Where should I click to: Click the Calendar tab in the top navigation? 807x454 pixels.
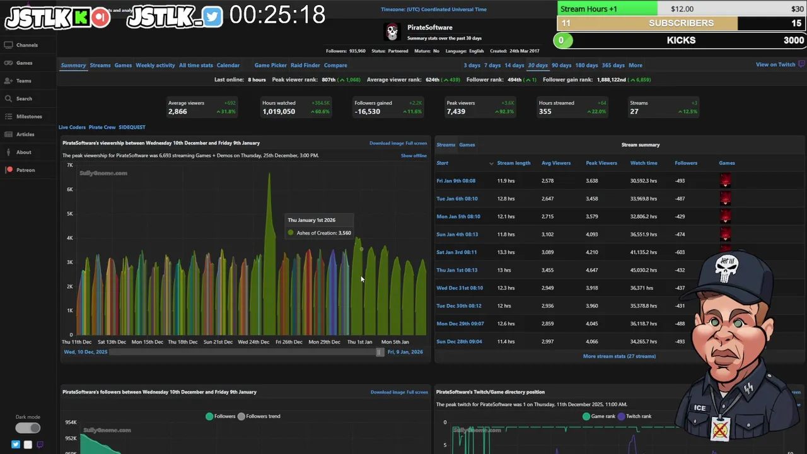[228, 65]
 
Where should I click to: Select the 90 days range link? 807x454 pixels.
[561, 65]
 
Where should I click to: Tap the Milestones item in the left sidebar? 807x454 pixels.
[29, 117]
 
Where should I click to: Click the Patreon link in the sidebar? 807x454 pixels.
[25, 170]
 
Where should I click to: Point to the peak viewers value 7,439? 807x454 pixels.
[456, 112]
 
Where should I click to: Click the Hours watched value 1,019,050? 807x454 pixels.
[279, 112]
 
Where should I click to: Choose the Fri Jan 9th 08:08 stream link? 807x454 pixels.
[456, 181]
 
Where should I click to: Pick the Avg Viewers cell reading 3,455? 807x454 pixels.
[549, 270]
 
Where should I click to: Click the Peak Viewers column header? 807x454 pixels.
[601, 163]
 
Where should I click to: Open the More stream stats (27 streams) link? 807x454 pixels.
[619, 356]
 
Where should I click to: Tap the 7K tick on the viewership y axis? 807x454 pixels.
[70, 165]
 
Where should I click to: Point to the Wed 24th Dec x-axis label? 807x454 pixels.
[253, 342]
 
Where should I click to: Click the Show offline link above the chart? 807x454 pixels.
[414, 156]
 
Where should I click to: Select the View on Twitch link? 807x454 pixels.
[775, 65]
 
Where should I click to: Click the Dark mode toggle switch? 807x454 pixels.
[28, 428]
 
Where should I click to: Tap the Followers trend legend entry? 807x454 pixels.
[263, 416]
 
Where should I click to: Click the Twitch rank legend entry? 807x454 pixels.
[638, 416]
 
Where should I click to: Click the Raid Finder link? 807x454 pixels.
[305, 65]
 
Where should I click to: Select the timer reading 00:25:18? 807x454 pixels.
[277, 15]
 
